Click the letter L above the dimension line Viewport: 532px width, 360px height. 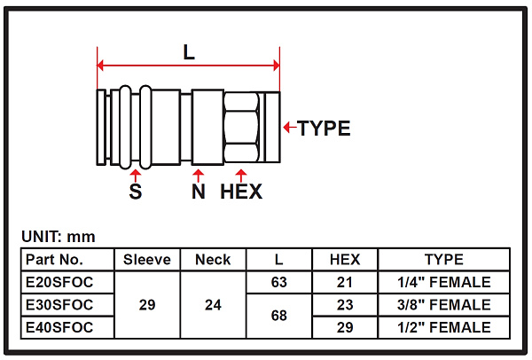pos(189,52)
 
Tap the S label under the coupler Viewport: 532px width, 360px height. pos(136,192)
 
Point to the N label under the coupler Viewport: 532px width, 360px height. pos(199,192)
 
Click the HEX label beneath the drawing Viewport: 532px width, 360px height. pos(241,192)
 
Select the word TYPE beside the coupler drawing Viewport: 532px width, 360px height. pos(324,129)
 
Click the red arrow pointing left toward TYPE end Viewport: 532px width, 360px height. pos(290,128)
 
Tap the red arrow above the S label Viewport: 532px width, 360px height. pos(136,176)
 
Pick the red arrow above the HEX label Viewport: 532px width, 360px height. pos(241,176)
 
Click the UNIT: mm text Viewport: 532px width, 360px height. pos(59,237)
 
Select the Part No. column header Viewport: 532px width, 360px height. pos(54,260)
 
